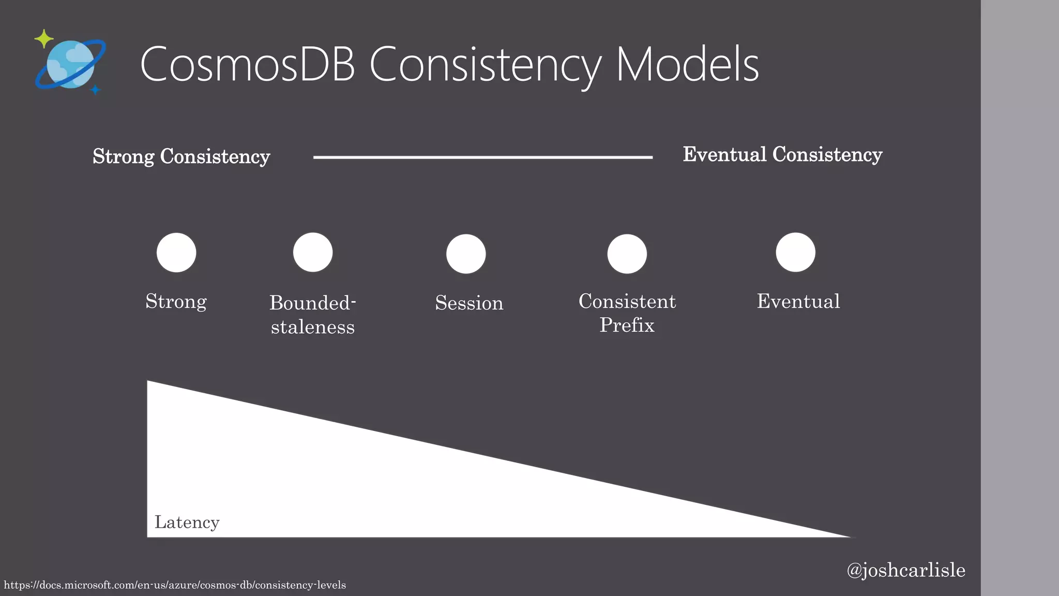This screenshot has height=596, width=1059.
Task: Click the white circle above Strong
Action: click(x=176, y=252)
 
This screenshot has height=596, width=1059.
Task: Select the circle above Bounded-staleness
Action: click(x=313, y=252)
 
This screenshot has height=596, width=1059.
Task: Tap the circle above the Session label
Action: click(x=466, y=254)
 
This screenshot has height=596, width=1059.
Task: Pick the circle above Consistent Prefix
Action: click(x=627, y=254)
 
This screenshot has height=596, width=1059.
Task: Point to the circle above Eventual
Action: click(x=795, y=252)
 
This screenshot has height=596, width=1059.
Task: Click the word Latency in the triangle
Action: click(x=187, y=522)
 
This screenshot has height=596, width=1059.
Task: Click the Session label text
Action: click(x=469, y=303)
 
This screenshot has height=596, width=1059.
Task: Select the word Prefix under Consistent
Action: click(x=627, y=325)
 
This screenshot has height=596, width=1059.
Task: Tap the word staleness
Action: click(x=313, y=327)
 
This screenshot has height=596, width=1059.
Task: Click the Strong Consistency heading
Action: click(x=181, y=156)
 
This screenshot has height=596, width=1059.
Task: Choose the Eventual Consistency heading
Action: click(x=782, y=154)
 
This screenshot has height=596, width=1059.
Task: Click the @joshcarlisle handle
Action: click(x=905, y=570)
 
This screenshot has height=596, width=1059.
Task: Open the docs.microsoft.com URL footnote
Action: click(x=175, y=585)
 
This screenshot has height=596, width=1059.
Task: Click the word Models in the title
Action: click(x=688, y=65)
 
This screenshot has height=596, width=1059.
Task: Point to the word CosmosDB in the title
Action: click(x=247, y=65)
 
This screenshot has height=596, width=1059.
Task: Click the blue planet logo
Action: click(x=70, y=64)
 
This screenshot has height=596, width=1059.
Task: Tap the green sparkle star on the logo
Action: click(x=44, y=39)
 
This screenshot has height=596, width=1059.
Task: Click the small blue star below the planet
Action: click(x=95, y=90)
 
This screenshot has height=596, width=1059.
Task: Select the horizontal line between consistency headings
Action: click(x=482, y=157)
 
